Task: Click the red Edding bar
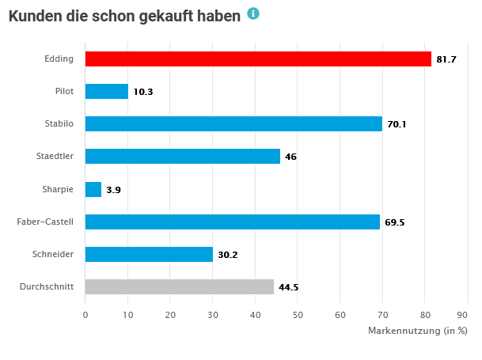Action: click(258, 59)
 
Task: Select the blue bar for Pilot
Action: click(106, 91)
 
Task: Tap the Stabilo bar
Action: click(233, 123)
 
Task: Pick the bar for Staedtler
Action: click(182, 156)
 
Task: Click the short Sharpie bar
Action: click(93, 189)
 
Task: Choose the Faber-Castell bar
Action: click(232, 222)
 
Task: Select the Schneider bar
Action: click(149, 254)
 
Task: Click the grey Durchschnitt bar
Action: click(179, 286)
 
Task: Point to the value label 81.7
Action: click(446, 59)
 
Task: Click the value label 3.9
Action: click(113, 190)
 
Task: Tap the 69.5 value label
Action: click(394, 222)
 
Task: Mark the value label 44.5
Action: click(288, 287)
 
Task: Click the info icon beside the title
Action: click(253, 13)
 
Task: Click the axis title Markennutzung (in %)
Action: click(418, 330)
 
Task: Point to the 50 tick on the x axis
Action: click(298, 314)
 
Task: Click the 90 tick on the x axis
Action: click(467, 314)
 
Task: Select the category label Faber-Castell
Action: click(45, 222)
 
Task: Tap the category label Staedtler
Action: click(55, 156)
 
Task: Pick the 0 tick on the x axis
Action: click(85, 314)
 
